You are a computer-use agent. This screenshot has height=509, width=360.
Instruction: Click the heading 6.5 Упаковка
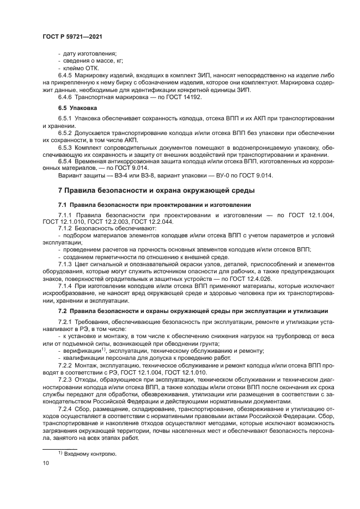point(77,108)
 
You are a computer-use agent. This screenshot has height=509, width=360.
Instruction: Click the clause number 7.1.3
point(65,263)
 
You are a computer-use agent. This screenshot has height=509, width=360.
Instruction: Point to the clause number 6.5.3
point(65,148)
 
